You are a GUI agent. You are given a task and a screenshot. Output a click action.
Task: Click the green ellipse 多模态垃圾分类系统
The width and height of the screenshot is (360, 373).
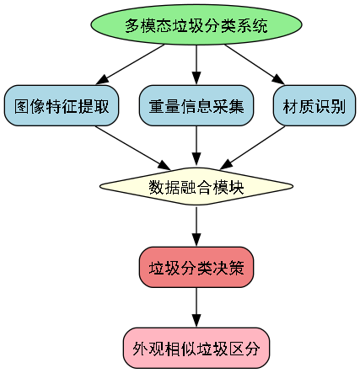tap(196, 25)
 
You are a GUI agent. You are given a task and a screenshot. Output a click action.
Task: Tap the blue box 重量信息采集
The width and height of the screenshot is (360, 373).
tap(196, 106)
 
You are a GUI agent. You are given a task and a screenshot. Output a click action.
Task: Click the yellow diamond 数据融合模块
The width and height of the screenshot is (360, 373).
tap(196, 187)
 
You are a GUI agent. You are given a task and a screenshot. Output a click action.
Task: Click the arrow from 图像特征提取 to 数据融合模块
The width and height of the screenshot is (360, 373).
tap(126, 147)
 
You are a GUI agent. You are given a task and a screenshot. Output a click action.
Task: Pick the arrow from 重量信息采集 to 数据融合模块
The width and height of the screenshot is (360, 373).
tap(196, 147)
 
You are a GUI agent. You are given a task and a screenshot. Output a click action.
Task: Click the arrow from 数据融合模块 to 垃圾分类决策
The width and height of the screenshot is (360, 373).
tap(196, 227)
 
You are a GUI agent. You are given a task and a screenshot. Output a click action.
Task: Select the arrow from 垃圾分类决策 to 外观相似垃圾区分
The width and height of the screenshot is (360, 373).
tap(196, 308)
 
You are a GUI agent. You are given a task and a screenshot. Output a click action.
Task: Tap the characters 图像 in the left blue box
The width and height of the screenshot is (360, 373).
tap(27, 106)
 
